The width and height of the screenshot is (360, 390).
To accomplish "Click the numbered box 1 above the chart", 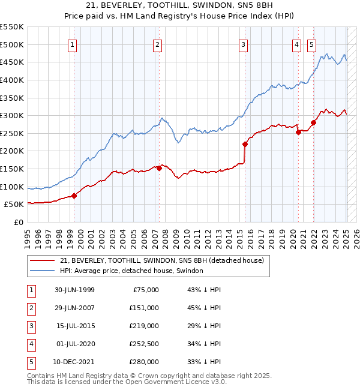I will click(72, 44).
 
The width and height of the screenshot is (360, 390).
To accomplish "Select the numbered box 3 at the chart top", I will click(243, 44).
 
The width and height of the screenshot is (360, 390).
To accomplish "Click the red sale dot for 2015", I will click(245, 144).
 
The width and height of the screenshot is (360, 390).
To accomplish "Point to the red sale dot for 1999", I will click(74, 196).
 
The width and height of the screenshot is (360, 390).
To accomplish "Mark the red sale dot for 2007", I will click(159, 169).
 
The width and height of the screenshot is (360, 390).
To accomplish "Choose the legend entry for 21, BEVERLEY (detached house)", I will click(166, 260).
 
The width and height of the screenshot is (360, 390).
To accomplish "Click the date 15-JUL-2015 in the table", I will click(75, 326).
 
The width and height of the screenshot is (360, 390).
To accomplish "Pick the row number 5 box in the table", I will click(30, 362).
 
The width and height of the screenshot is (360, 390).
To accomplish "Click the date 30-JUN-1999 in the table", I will click(75, 290).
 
